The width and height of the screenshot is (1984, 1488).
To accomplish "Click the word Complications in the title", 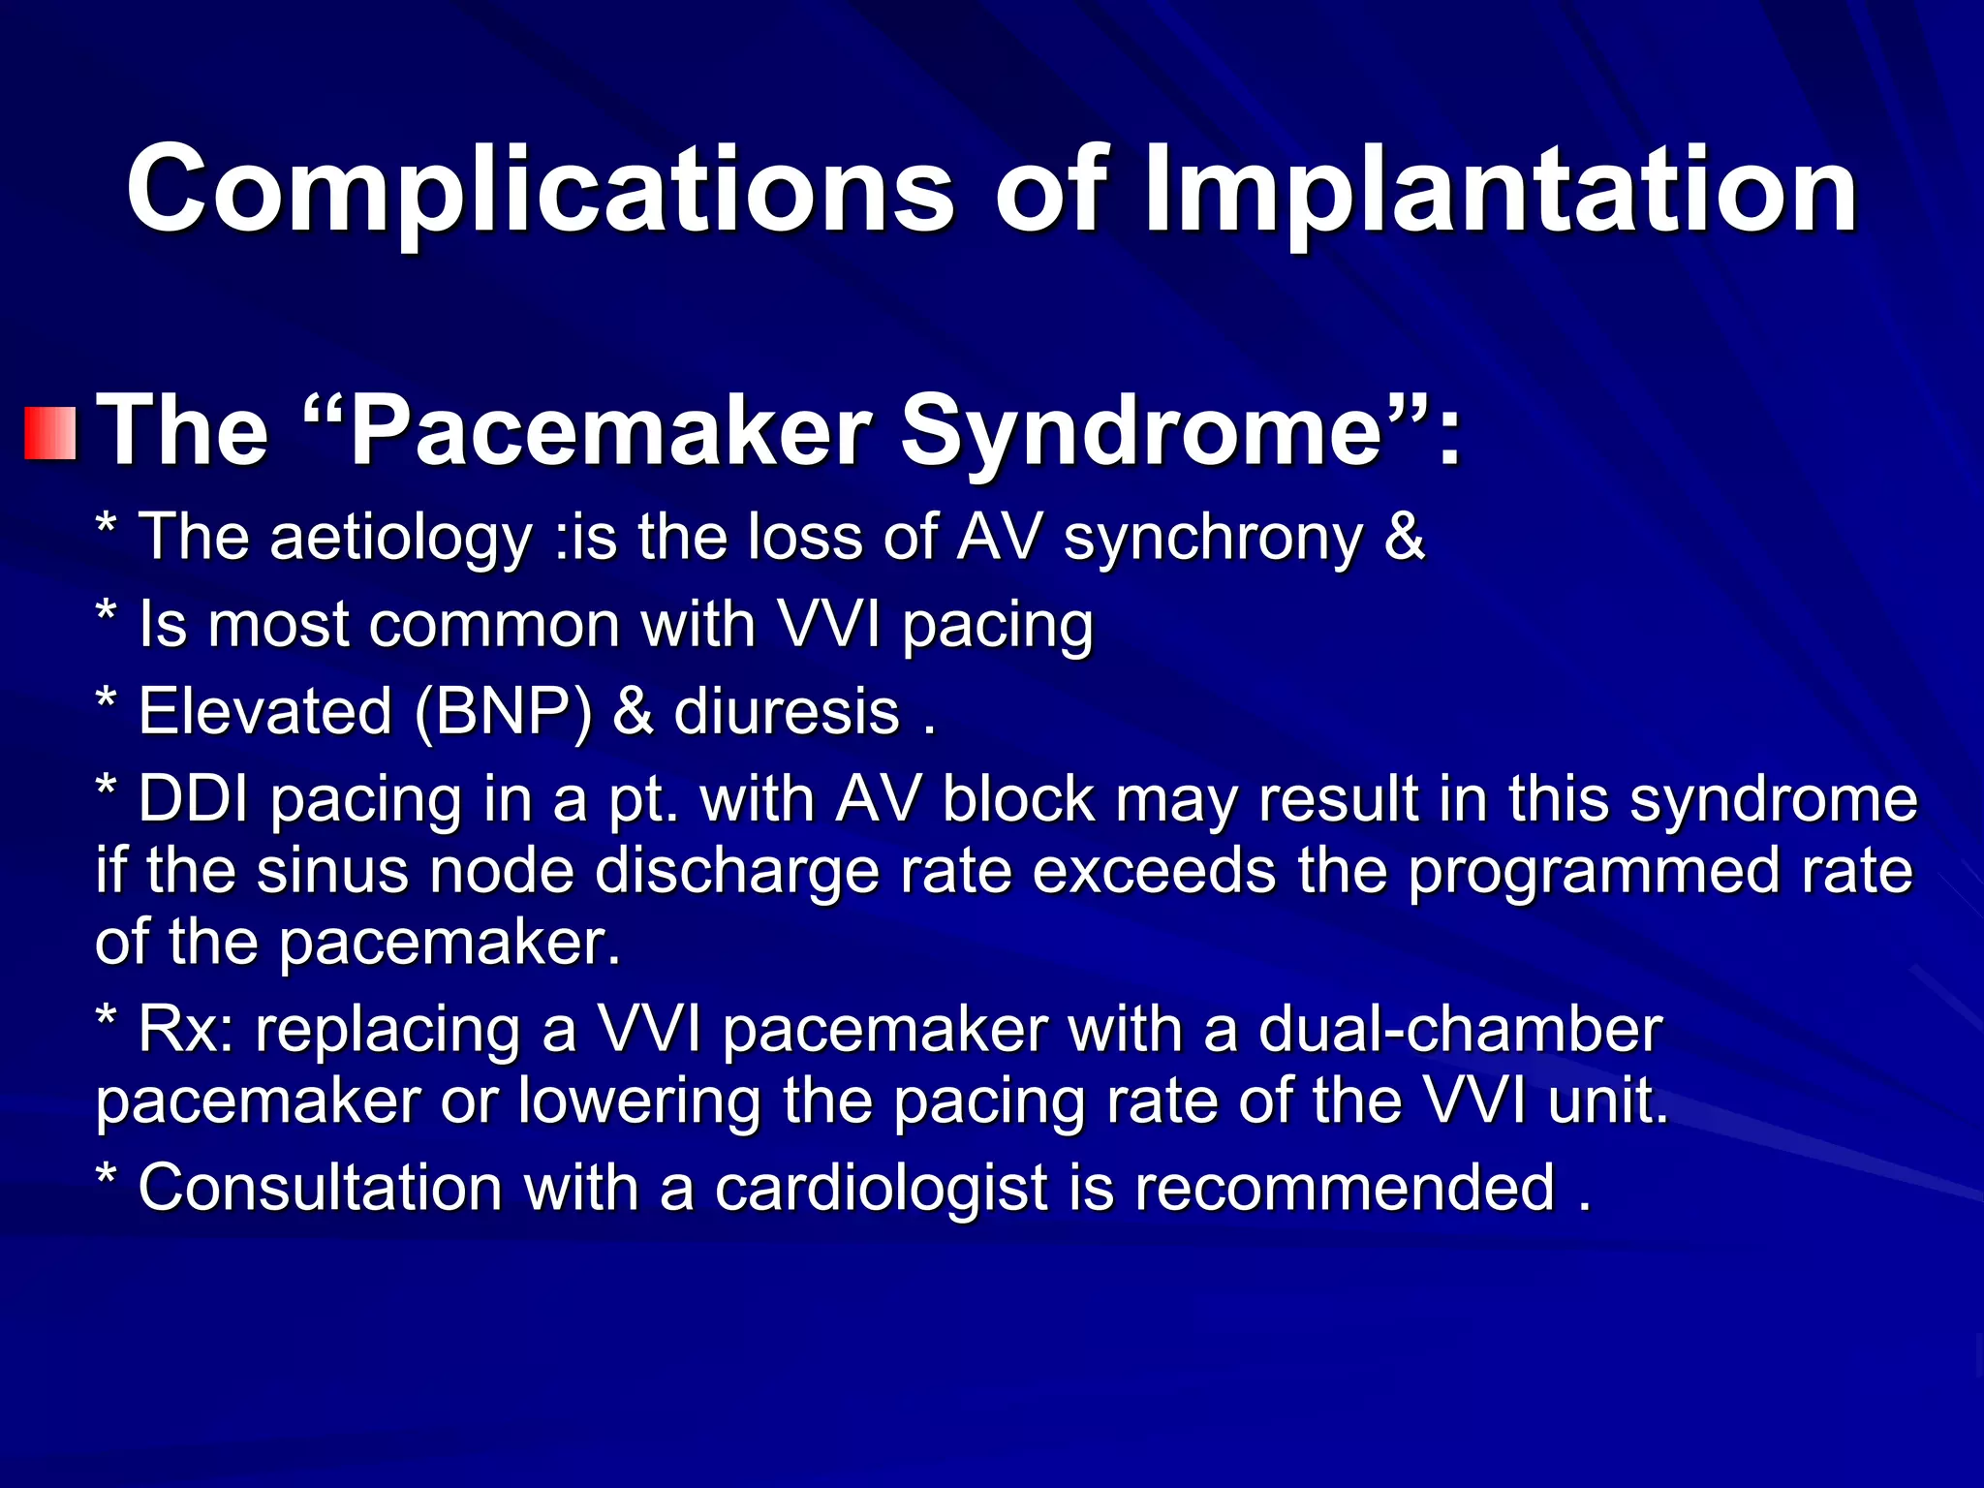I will tap(540, 191).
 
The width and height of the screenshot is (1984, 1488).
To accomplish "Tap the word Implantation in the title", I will tap(1500, 191).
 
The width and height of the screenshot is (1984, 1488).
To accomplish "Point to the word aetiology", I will tap(401, 538).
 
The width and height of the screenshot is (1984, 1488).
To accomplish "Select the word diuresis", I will tap(787, 712).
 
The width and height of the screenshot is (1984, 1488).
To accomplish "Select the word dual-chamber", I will tap(1459, 1030).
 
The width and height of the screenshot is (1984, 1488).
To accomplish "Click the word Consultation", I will tap(321, 1188).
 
